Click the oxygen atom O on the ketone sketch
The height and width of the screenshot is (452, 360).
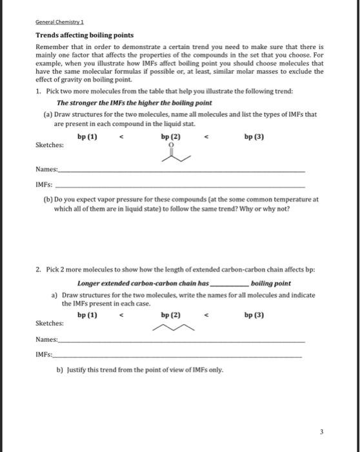coord(171,146)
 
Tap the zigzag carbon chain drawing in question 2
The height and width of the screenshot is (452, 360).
coord(171,328)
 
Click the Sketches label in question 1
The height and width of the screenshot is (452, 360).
coord(50,146)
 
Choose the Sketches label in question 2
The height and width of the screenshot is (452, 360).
coord(50,324)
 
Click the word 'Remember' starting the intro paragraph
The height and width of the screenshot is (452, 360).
coord(52,48)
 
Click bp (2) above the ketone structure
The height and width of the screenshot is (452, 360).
coord(171,137)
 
